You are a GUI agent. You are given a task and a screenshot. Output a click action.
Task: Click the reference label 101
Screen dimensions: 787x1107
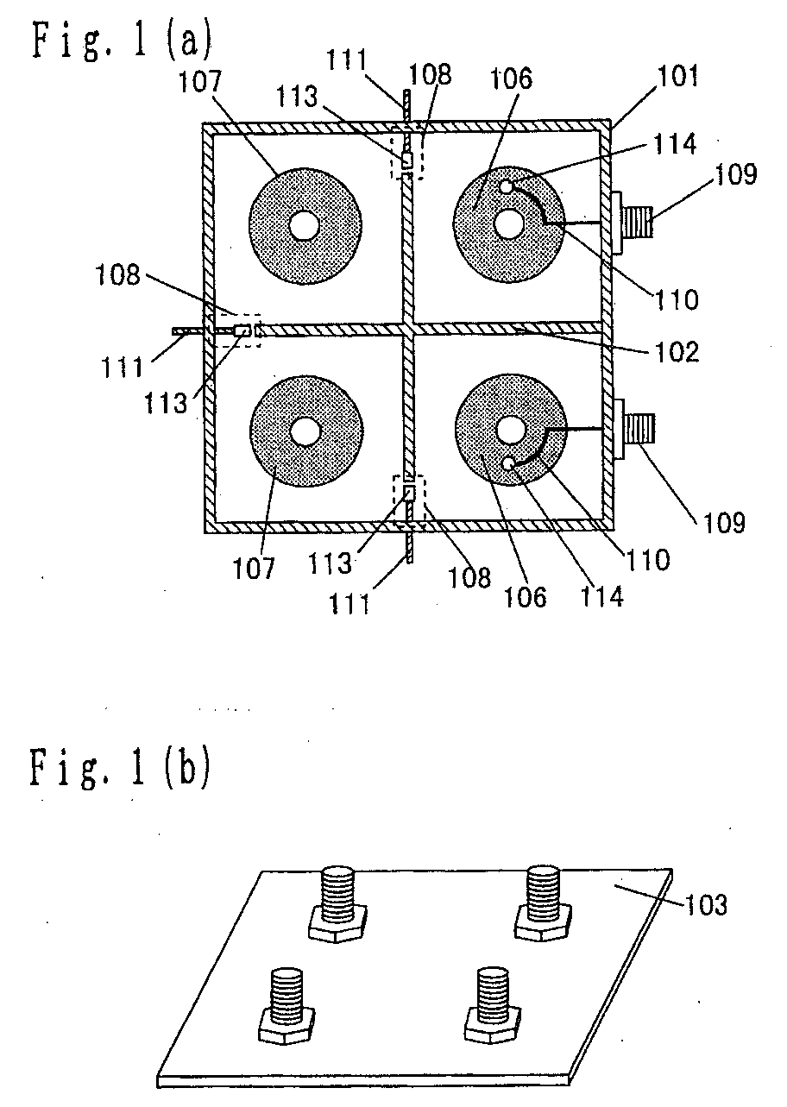tap(678, 76)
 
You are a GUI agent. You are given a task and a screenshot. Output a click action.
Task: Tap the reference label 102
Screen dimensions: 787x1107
tap(677, 351)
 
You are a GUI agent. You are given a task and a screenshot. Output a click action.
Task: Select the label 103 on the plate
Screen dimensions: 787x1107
tap(705, 905)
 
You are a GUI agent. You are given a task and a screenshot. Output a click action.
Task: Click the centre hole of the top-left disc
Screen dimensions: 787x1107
tap(305, 226)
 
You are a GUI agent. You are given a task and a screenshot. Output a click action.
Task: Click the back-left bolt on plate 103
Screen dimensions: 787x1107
tap(337, 903)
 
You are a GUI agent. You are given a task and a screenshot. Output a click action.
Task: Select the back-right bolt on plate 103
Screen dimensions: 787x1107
tap(544, 901)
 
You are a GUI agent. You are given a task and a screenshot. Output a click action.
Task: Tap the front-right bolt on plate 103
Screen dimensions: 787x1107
tap(493, 1005)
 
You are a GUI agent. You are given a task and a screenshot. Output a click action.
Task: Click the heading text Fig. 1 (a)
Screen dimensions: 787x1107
tap(122, 47)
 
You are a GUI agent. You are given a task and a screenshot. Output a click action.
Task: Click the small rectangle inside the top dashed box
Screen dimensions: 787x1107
tap(406, 160)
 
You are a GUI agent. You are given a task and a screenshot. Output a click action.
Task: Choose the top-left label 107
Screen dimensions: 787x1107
tap(200, 81)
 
